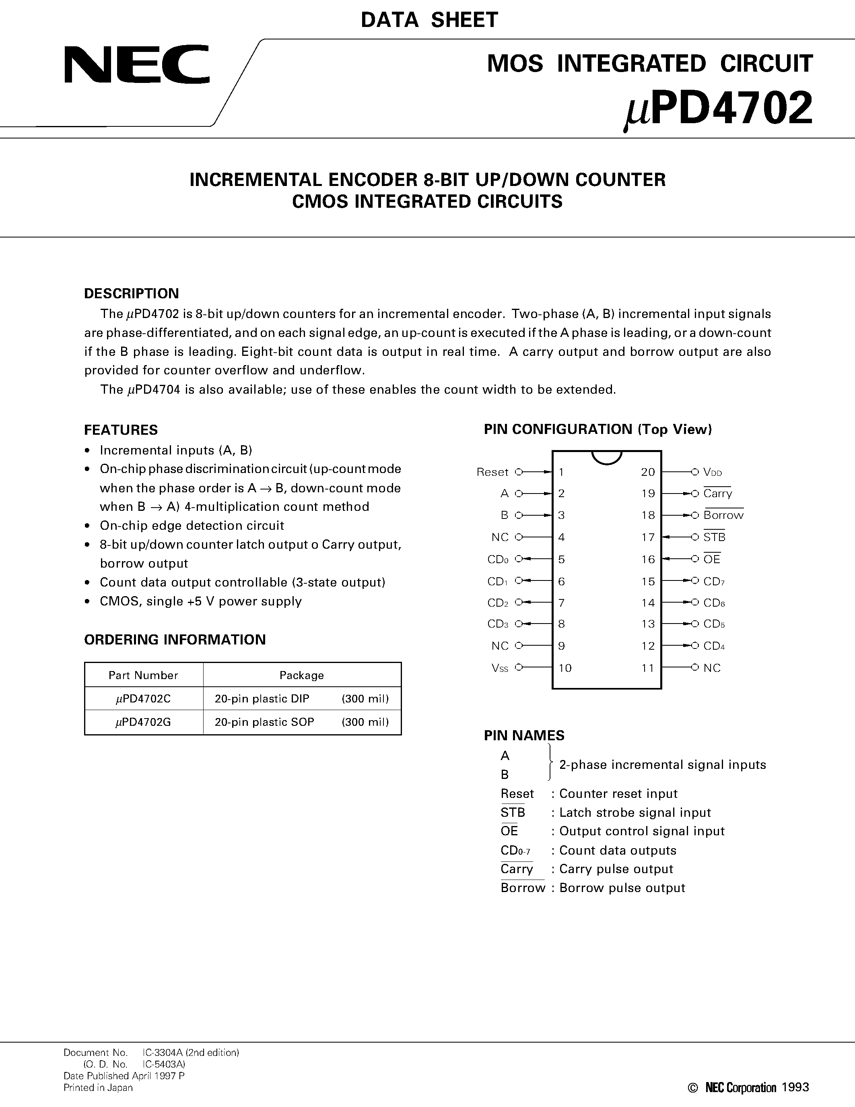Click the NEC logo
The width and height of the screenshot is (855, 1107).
[x=137, y=64]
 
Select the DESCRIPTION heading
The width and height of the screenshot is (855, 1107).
[x=131, y=293]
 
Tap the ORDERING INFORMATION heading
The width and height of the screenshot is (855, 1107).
[x=175, y=640]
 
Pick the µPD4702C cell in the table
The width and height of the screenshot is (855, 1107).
[x=143, y=699]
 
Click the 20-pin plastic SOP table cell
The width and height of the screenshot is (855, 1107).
[x=264, y=722]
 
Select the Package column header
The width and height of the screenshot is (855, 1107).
[x=301, y=675]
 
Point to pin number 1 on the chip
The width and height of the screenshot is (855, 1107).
[x=561, y=472]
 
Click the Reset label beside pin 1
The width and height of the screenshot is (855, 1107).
[x=492, y=472]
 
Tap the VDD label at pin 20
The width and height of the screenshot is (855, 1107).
[x=713, y=472]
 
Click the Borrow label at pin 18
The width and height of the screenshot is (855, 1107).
[x=723, y=515]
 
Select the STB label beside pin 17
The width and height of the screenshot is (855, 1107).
[x=714, y=537]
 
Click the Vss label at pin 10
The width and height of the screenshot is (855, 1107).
[x=499, y=668]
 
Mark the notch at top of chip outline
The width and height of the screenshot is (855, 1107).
[x=606, y=456]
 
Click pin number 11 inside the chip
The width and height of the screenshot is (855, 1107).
[x=648, y=668]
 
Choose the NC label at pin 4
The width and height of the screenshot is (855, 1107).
[x=499, y=537]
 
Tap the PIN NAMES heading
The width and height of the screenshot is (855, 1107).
[x=524, y=735]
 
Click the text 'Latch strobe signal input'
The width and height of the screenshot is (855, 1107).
[x=635, y=812]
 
